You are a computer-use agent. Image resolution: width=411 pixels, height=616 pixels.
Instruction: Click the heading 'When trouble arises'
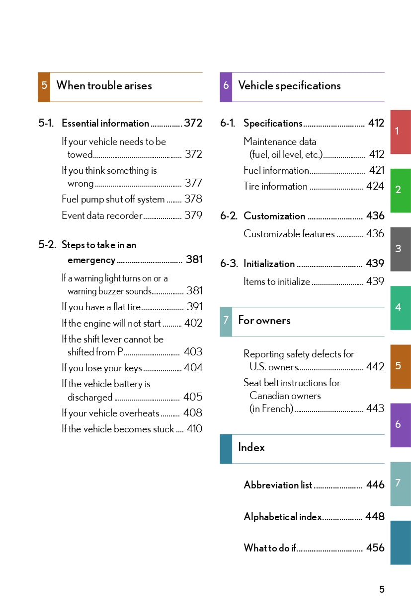104,85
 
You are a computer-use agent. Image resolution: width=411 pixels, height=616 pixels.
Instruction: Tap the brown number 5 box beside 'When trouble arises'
44,86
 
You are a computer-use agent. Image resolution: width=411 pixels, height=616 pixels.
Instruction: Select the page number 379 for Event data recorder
193,215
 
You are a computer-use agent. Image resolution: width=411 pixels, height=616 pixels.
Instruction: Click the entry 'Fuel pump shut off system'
113,200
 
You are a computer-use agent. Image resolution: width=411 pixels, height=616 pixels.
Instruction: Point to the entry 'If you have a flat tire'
101,307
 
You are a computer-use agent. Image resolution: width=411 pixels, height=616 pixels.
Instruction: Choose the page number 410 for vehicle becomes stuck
194,429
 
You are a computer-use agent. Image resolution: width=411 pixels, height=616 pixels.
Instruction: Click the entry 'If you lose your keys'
101,368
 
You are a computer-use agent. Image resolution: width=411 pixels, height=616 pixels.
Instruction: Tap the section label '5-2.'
47,245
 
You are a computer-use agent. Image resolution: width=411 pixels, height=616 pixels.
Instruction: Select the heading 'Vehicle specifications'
289,85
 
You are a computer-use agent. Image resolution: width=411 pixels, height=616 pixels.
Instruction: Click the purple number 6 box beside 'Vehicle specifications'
226,86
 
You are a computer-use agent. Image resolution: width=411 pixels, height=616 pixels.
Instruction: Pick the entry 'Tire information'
275,187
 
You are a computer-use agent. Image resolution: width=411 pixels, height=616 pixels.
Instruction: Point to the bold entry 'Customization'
274,216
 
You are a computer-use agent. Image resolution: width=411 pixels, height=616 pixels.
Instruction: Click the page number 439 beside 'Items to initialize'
375,281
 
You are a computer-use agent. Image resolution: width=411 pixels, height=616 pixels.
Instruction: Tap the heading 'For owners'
264,321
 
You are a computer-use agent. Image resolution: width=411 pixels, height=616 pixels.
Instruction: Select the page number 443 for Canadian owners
375,409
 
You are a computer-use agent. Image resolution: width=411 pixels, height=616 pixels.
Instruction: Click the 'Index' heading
251,447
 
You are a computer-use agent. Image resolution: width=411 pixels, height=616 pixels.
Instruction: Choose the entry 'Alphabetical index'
282,517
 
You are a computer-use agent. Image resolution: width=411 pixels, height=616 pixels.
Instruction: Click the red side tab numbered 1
400,132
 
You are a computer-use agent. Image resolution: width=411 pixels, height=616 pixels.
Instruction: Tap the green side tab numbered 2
400,190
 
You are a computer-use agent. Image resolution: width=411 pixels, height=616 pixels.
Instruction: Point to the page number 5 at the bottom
382,590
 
